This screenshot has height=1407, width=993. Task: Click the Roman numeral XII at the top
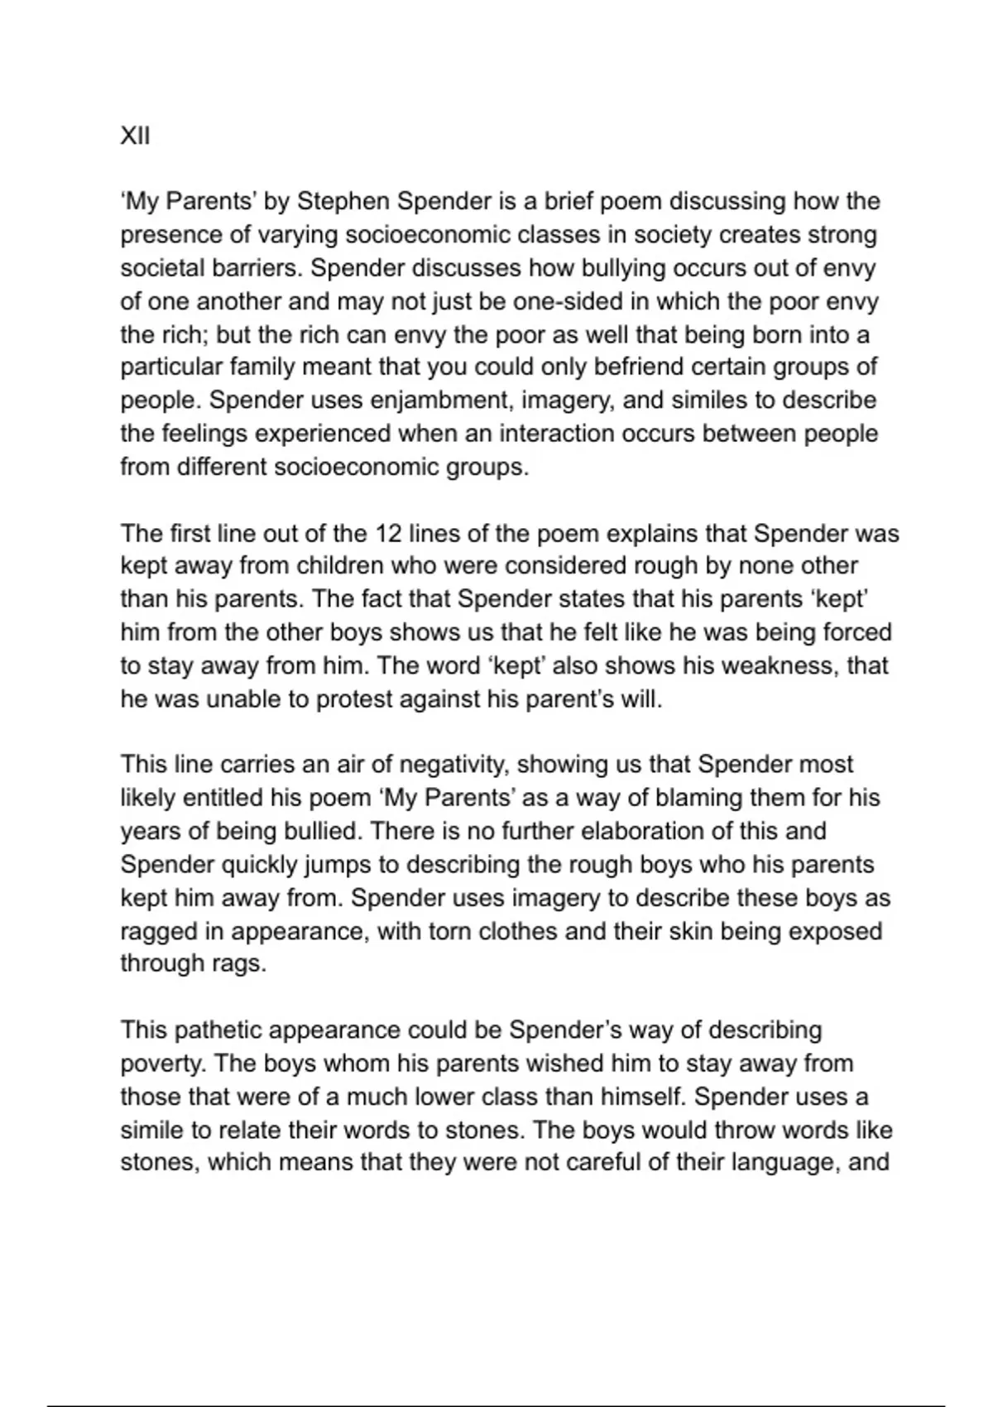tap(135, 136)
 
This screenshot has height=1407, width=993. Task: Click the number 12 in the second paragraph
tap(388, 533)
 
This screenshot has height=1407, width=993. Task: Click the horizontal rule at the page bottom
tap(496, 1405)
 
